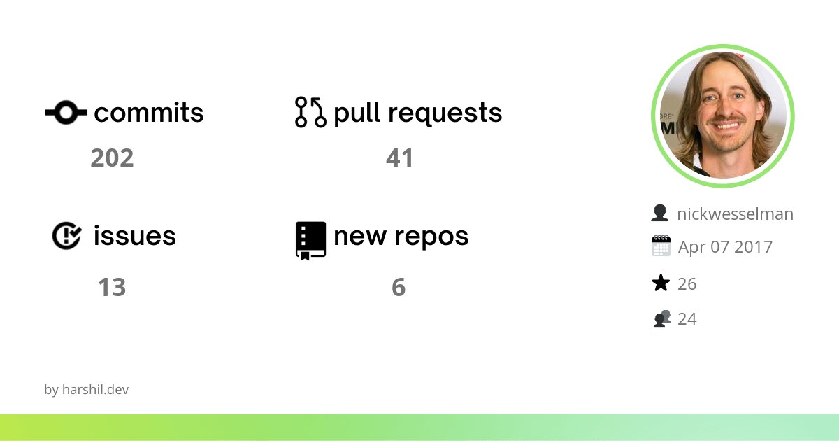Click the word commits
(x=149, y=113)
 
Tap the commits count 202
(x=112, y=158)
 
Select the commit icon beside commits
(x=66, y=112)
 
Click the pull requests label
(x=418, y=113)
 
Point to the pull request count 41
(x=400, y=158)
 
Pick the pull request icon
(x=310, y=112)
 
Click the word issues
(x=135, y=236)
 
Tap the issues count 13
(x=112, y=288)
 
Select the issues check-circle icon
(x=67, y=236)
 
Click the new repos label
(x=401, y=236)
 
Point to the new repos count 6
(x=399, y=288)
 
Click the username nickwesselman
(x=735, y=214)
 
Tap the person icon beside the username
(x=659, y=213)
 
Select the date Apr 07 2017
(x=725, y=247)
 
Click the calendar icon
(x=661, y=246)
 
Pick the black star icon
(x=661, y=283)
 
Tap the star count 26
(x=687, y=284)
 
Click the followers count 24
(x=687, y=319)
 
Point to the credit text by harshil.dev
(x=87, y=390)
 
